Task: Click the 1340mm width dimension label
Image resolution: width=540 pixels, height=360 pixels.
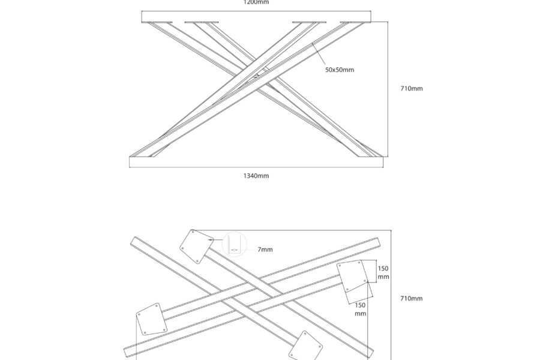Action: point(256,176)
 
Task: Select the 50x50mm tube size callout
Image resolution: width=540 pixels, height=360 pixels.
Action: point(340,70)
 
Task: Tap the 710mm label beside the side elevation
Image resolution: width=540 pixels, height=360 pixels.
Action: point(412,89)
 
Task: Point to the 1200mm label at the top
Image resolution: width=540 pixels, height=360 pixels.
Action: point(256,2)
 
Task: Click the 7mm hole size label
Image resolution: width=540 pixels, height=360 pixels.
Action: point(265,248)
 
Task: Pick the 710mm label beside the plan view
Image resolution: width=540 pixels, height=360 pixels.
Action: point(412,298)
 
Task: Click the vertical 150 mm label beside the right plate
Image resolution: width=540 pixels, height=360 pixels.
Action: point(383,273)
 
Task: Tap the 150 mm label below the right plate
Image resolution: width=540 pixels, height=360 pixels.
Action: point(360,309)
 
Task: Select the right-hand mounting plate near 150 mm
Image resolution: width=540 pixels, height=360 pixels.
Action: point(353,276)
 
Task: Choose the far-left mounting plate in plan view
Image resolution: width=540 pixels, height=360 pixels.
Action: point(151,319)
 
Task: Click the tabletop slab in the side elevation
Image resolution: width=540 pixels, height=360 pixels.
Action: point(256,17)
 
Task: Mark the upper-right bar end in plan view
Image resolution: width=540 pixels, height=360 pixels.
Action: point(377,242)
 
